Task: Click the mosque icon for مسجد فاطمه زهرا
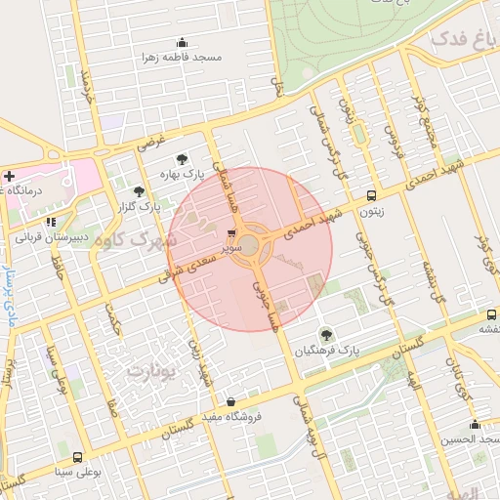click(181, 42)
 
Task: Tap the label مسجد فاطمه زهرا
click(181, 57)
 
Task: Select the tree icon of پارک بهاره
click(182, 158)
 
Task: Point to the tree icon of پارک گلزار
click(139, 191)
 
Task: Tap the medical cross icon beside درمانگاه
click(9, 178)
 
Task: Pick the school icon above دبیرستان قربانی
click(51, 222)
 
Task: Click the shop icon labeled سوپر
click(231, 233)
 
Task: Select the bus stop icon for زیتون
click(371, 194)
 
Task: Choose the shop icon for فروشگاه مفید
click(230, 401)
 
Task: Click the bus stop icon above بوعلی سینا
click(78, 457)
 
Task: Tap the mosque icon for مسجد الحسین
click(476, 425)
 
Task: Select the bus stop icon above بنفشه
click(491, 314)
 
